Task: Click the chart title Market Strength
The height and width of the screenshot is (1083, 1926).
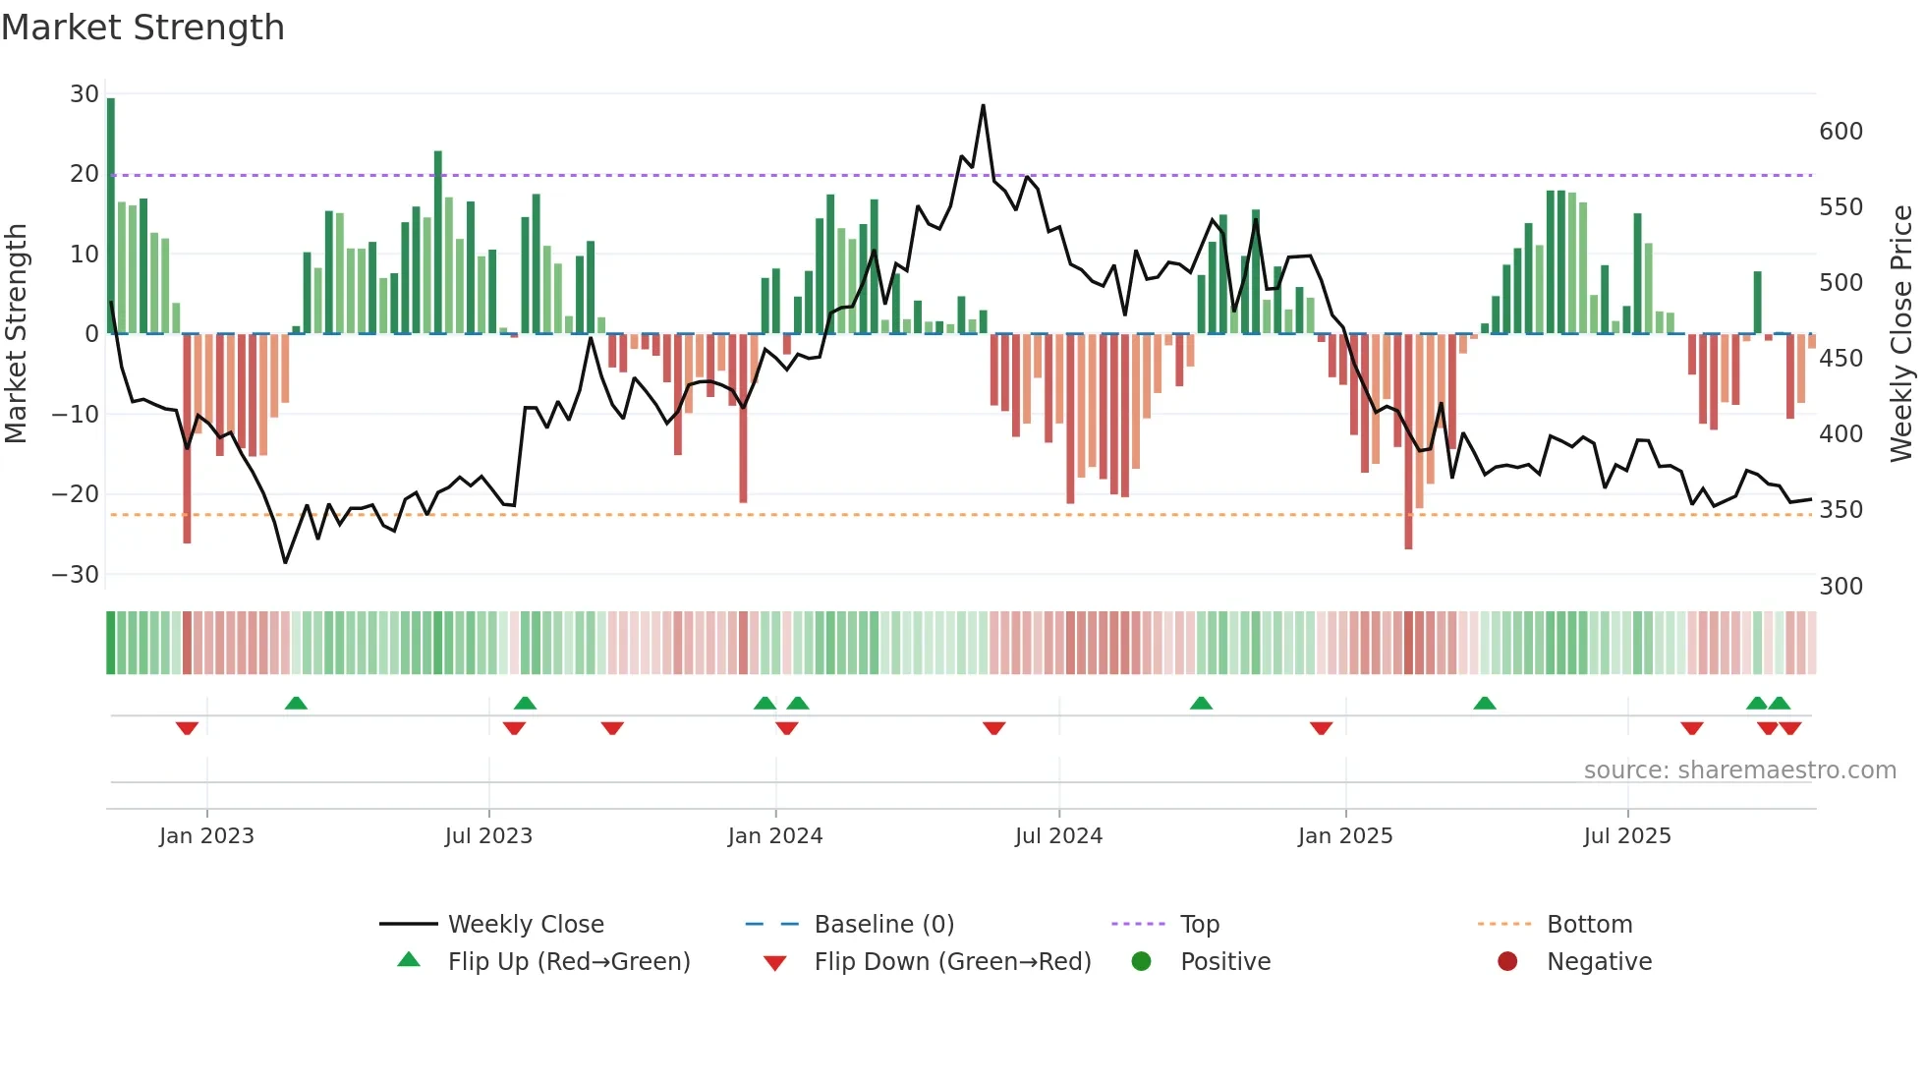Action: pos(142,28)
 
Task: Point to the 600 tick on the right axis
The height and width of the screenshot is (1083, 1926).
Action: pos(1841,132)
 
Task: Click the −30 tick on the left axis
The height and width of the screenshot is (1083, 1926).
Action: pos(76,574)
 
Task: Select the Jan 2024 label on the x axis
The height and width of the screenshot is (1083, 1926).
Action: pos(774,836)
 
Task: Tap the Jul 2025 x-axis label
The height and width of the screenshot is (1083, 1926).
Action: pos(1626,836)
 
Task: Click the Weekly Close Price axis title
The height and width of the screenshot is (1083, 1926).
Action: pos(1901,334)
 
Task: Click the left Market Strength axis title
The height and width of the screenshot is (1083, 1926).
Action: pos(16,334)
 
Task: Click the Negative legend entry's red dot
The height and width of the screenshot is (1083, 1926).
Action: pos(1507,962)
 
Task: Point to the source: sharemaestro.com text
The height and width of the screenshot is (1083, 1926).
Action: pos(1739,770)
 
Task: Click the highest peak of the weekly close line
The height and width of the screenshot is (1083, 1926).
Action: pos(983,106)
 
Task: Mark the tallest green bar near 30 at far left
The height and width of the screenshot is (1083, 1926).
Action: pos(111,216)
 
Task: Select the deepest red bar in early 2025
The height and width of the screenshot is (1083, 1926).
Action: pos(1408,442)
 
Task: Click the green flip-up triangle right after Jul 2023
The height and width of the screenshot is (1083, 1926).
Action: pos(525,703)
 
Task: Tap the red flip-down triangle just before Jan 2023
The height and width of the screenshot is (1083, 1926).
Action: pos(187,728)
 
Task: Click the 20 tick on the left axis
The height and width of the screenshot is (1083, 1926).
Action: pos(84,174)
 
